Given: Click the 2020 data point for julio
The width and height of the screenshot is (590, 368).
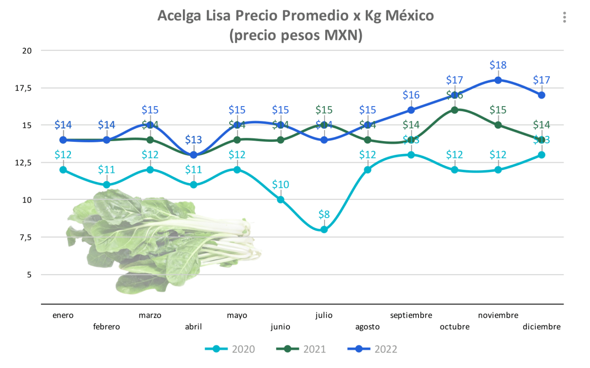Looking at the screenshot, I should point(324,229).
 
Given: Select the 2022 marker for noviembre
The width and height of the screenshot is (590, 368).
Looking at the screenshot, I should point(498,80).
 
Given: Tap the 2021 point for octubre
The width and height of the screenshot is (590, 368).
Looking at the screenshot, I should point(454,110).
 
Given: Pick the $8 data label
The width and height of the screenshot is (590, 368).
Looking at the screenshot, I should point(324,214).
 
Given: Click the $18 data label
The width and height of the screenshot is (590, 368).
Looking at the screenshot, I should point(498,65).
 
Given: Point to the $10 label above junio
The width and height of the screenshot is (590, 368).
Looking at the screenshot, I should point(280,184).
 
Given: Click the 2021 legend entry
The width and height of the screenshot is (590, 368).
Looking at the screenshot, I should point(301,349).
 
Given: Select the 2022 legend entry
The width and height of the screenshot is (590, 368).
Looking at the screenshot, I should point(373,349).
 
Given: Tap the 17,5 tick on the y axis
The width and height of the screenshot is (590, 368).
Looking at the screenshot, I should point(24,88).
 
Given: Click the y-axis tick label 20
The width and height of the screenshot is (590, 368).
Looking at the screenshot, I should point(27,51).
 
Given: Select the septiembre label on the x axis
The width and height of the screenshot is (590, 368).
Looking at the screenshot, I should point(411,315).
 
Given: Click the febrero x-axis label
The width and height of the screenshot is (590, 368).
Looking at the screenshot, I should point(106,327).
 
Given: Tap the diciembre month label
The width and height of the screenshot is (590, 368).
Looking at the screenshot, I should point(542,327).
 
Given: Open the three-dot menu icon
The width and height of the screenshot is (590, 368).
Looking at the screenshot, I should point(564,17).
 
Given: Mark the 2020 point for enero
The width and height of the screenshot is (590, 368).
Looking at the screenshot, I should point(63,170).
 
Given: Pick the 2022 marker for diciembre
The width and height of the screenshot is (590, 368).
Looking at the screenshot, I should point(542,95).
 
